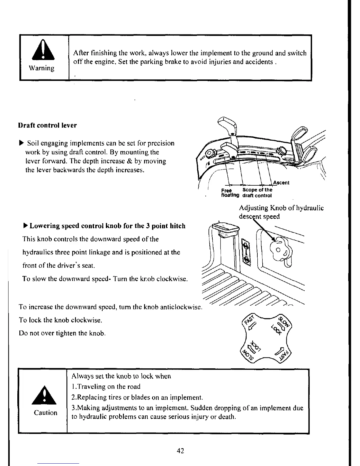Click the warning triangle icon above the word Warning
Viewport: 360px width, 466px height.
(44, 52)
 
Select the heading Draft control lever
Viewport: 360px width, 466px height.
(47, 125)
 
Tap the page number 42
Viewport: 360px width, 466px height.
(181, 450)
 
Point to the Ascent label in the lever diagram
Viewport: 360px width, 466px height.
(281, 183)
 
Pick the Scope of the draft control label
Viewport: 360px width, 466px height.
(257, 193)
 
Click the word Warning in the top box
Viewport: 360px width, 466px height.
(41, 68)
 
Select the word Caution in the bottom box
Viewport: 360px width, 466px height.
(46, 413)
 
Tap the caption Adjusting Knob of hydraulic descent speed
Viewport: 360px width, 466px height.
(281, 212)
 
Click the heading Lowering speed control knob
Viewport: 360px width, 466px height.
(108, 226)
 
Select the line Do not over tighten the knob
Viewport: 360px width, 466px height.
(62, 333)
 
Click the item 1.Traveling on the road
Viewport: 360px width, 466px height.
(106, 387)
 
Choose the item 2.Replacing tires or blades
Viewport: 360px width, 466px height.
(137, 397)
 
